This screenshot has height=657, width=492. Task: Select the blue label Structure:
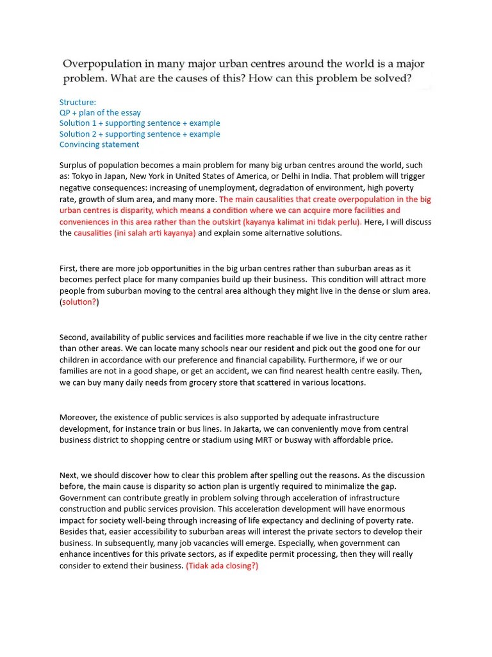tap(78, 102)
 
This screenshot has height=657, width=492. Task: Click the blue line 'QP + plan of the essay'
tap(100, 112)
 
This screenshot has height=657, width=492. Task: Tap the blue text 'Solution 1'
tap(79, 123)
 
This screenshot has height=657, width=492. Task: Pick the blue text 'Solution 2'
tap(79, 134)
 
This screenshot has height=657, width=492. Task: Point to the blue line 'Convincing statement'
tap(99, 144)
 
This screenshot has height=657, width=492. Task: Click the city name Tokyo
tap(85, 176)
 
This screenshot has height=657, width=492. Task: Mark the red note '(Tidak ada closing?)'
tap(222, 567)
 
